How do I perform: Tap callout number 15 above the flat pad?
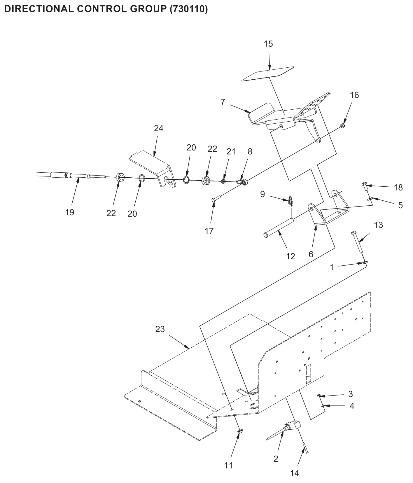coord(268,44)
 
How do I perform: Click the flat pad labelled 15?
coord(267,73)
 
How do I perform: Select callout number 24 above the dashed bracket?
coord(158,128)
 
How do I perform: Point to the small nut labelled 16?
coord(343,126)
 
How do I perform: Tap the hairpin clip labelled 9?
coord(290,201)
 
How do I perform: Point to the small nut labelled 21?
coord(223,181)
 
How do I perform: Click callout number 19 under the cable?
coord(70,213)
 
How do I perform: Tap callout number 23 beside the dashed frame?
coord(160,329)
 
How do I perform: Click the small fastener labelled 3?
coord(319,396)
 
